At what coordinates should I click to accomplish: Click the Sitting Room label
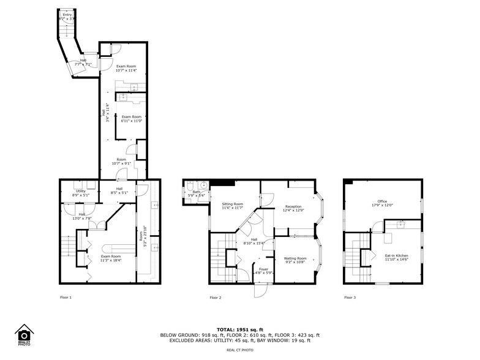point(232,206)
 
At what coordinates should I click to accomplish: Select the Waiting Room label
point(295,261)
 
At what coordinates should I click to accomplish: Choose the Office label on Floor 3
point(382,203)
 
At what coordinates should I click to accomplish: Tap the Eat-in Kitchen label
point(396,258)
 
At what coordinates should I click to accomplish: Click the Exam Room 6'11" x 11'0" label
point(132,119)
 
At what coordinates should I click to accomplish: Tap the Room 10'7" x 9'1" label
point(121,162)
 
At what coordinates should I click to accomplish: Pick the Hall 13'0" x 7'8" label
point(81,216)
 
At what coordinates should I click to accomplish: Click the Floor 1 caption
point(66,298)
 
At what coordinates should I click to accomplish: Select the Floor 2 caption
point(215,298)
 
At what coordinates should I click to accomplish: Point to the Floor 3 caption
point(349,298)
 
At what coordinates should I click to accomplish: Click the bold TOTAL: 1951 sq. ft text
point(239,329)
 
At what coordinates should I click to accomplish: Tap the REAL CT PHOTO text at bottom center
point(239,350)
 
